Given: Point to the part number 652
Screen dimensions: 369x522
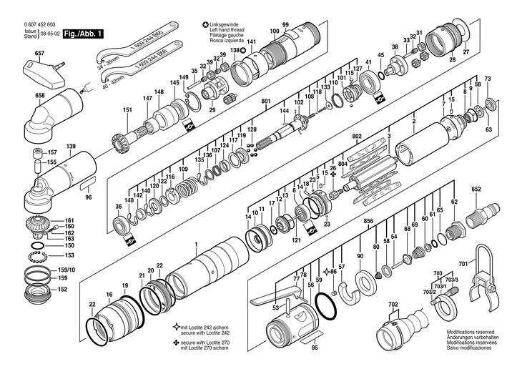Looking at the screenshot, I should [x=476, y=190].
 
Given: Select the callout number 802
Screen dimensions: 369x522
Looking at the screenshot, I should [x=357, y=136].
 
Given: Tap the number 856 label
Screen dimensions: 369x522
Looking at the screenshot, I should [x=368, y=222].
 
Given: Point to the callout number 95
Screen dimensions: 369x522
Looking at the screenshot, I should [x=314, y=349].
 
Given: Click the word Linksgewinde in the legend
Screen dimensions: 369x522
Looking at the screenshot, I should [x=225, y=24].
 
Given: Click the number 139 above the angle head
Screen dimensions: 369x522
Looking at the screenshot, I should [x=71, y=146].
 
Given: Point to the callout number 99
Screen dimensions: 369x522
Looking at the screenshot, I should [x=285, y=25].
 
